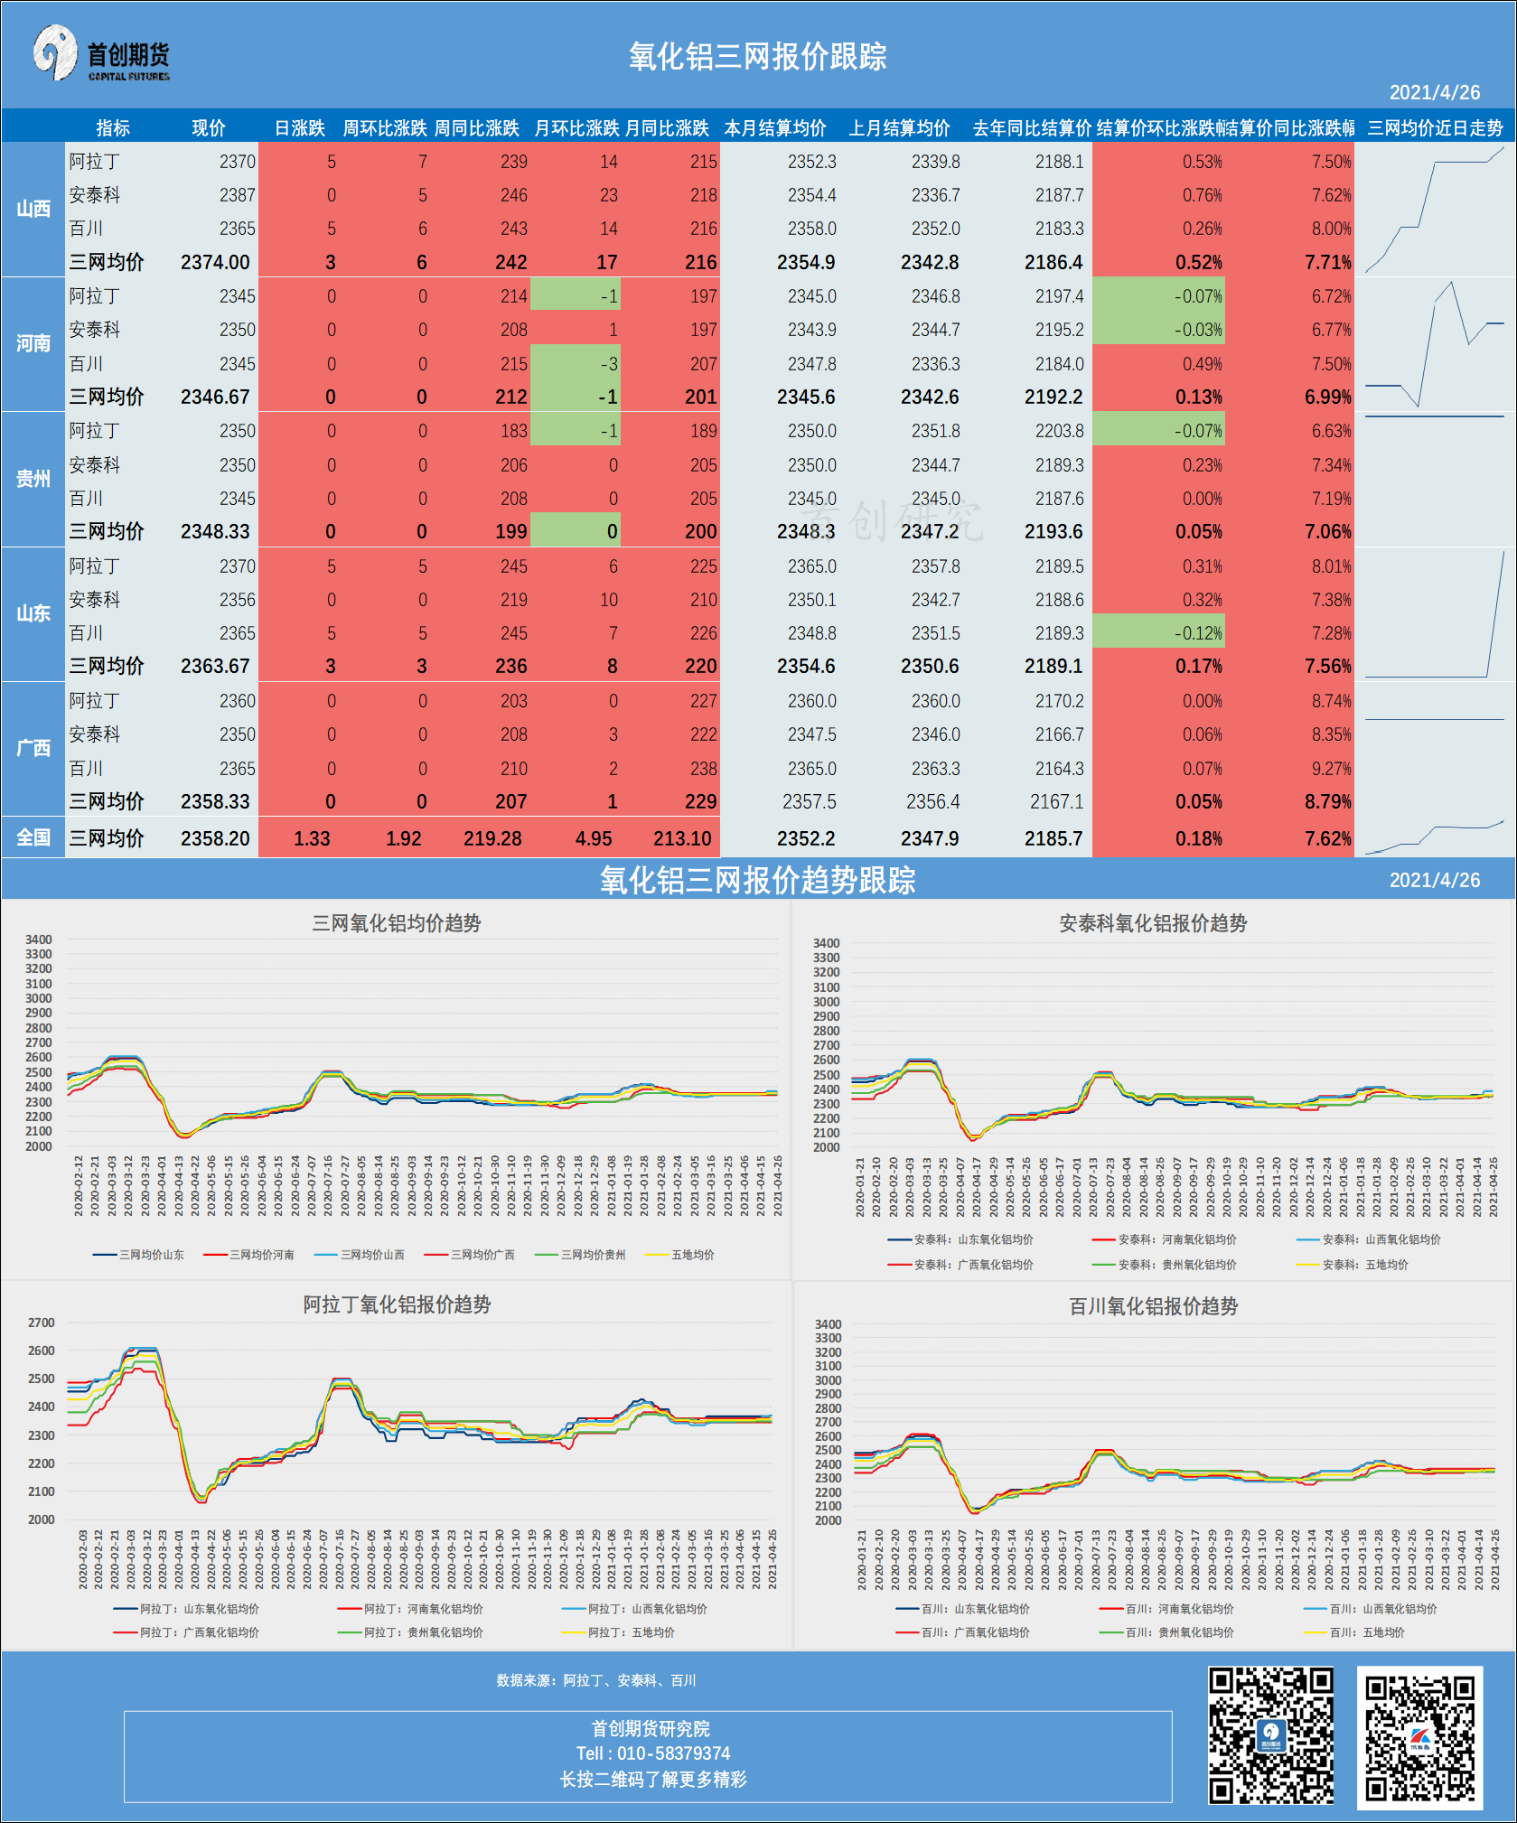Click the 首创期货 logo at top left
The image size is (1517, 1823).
click(x=101, y=54)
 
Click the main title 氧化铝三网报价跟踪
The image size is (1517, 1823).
click(x=757, y=57)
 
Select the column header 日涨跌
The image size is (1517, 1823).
click(x=299, y=128)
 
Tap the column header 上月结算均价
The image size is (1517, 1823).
click(x=899, y=128)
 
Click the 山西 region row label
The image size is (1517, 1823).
click(x=33, y=209)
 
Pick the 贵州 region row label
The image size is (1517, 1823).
click(x=33, y=479)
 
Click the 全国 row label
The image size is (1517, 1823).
click(x=33, y=837)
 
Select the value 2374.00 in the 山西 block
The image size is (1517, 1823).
click(x=215, y=262)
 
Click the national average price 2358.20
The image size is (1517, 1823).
click(x=215, y=838)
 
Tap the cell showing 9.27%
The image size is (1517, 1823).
click(x=1331, y=769)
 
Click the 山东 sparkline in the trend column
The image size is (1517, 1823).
click(x=1435, y=614)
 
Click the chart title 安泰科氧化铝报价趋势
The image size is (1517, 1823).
click(x=1153, y=923)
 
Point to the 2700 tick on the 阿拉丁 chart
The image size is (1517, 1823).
click(x=42, y=1323)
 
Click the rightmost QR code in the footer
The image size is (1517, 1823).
click(x=1419, y=1737)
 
